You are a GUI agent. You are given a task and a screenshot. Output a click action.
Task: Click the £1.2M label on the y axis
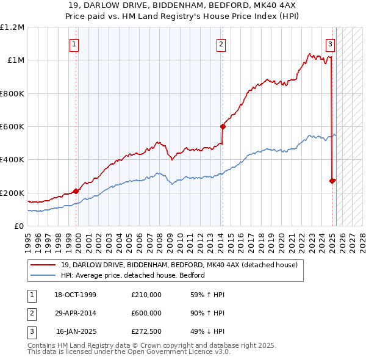point(12,27)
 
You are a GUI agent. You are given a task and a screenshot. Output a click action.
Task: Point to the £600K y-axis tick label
point(12,127)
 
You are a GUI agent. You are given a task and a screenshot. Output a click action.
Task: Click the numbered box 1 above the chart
point(74,44)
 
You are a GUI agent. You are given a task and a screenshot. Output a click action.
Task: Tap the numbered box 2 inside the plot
point(220,44)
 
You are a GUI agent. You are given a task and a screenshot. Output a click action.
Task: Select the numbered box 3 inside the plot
point(330,44)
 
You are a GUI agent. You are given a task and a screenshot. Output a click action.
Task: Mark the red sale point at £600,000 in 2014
point(223,127)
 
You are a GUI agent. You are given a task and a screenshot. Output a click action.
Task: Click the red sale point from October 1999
point(76,191)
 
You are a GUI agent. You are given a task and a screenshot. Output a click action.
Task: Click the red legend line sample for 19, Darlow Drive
point(43,265)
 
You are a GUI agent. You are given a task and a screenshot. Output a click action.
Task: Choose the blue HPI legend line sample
point(43,275)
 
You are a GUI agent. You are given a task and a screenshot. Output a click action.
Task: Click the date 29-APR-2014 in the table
point(76,313)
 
